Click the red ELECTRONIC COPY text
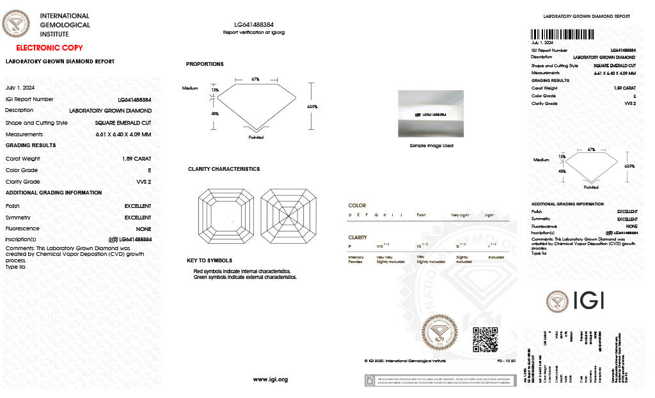tap(49, 48)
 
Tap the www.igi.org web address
tap(271, 379)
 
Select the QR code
tap(485, 339)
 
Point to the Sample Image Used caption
tap(430, 145)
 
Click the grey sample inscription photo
tap(430, 114)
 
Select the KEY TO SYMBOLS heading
tap(209, 260)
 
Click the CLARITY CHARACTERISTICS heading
tap(224, 169)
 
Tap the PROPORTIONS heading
tap(205, 64)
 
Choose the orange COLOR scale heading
tap(357, 205)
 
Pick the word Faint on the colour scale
tap(422, 215)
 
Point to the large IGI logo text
tap(585, 301)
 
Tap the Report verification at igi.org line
tap(254, 32)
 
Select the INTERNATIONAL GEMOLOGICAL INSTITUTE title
tap(65, 25)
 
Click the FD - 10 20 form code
tap(506, 362)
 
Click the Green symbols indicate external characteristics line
tap(246, 277)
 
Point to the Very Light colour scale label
tap(460, 215)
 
